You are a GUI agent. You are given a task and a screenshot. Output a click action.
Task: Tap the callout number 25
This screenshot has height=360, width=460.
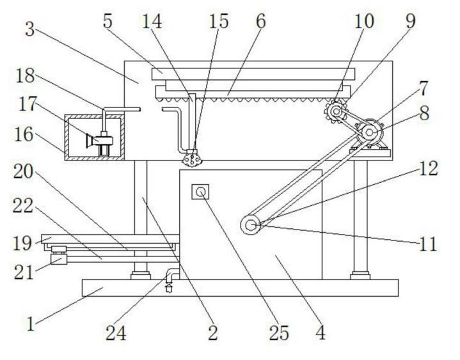(x=280, y=333)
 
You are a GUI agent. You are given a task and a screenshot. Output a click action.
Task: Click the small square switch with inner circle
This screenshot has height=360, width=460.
(x=200, y=192)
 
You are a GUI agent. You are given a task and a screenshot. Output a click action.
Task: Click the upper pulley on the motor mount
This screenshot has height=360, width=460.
(x=369, y=132)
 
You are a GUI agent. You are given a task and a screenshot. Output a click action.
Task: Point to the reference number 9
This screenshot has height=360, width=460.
(x=408, y=20)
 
